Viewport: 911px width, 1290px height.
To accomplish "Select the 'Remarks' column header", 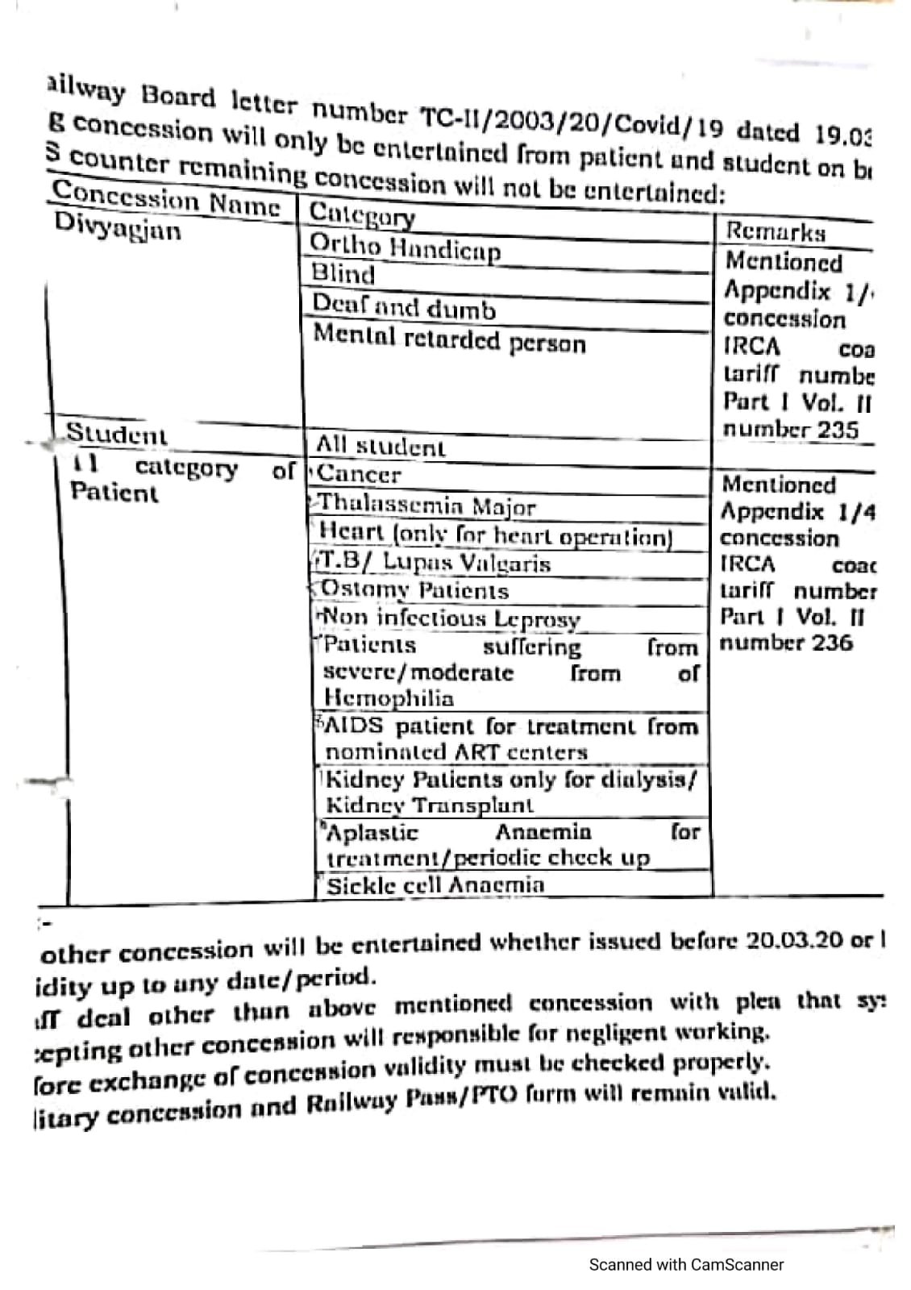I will tap(775, 232).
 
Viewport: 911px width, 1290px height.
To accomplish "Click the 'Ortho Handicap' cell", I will tap(405, 248).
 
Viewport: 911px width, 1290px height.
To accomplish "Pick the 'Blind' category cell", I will tap(343, 274).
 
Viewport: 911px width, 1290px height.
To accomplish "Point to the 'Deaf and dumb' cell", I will tap(404, 307).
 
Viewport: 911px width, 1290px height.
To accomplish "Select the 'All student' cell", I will tap(380, 446).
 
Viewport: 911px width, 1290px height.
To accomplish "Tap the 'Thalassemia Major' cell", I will tap(426, 506).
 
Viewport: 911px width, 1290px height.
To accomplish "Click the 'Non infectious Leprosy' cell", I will tap(450, 618).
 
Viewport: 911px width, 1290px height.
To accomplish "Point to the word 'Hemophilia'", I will tap(389, 697).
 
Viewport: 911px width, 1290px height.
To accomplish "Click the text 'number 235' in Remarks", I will tap(790, 429).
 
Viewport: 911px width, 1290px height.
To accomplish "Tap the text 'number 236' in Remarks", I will tap(786, 643).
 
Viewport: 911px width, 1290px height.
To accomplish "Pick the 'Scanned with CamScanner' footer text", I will tap(686, 1265).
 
